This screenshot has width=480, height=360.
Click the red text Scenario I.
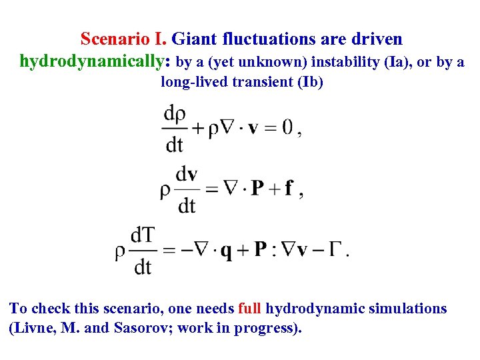[124, 39]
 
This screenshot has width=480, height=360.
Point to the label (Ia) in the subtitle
[392, 62]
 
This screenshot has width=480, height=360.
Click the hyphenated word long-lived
[189, 83]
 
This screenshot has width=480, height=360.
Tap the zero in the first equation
[287, 128]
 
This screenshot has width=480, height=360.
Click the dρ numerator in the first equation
[175, 114]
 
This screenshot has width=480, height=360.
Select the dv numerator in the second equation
[187, 174]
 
